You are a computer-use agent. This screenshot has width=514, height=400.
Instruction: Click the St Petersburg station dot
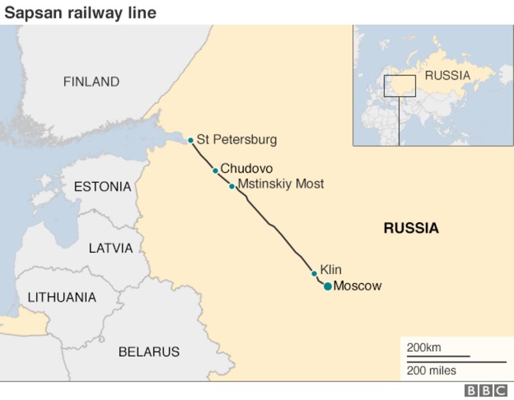point(190,140)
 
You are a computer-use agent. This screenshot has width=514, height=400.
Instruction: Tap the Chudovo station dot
point(215,170)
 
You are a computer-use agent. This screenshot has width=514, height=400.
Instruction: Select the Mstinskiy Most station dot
point(231,186)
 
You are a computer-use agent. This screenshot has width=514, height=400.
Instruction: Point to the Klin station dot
point(314,274)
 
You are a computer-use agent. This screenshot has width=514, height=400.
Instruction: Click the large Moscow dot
point(327,286)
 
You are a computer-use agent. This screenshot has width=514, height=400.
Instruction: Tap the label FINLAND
point(91,82)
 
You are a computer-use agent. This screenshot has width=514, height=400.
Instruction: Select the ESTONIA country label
point(102,187)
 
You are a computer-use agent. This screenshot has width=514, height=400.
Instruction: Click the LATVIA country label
point(111,248)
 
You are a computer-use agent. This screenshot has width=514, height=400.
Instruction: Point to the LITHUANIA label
point(62,297)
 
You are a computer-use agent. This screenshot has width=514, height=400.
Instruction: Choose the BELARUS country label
point(148,352)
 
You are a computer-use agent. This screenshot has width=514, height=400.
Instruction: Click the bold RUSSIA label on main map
point(411,228)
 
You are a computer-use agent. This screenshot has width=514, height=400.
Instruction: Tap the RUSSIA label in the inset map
point(448,75)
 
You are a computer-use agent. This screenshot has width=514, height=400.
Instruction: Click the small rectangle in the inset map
point(400,86)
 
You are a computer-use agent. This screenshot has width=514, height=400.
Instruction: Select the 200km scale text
point(423,347)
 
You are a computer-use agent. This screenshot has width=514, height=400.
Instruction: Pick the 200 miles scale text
point(431,370)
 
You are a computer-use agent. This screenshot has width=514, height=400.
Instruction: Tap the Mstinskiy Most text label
point(281,184)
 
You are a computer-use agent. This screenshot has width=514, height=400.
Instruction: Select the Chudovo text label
point(247,168)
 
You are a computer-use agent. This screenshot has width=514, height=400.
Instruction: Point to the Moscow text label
point(358,286)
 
